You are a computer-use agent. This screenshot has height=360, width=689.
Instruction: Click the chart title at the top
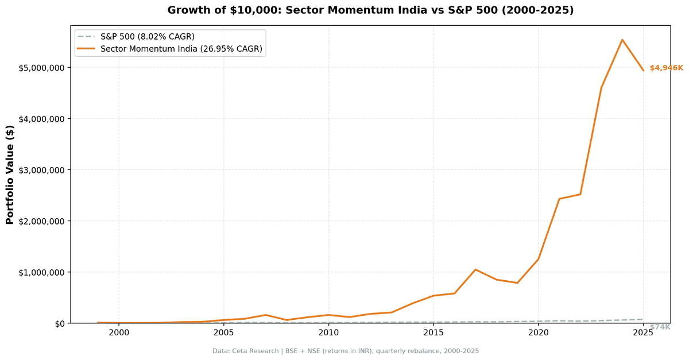(x=370, y=10)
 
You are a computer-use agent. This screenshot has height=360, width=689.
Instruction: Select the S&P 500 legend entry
(x=147, y=37)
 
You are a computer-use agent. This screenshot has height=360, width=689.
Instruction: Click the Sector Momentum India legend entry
(x=181, y=49)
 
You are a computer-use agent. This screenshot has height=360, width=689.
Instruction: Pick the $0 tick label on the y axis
(x=60, y=323)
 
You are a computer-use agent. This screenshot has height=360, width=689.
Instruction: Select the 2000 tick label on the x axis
(x=119, y=332)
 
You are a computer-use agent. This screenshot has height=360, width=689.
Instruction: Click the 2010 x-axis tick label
(x=328, y=332)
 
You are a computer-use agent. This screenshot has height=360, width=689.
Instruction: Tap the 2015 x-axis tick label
(x=433, y=332)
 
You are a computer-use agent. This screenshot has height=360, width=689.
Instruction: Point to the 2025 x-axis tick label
(x=643, y=332)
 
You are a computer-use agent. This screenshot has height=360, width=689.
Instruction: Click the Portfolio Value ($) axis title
(x=10, y=174)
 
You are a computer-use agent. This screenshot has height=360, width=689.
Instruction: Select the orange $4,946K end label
(x=666, y=68)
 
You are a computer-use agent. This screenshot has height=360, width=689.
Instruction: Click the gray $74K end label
(x=660, y=327)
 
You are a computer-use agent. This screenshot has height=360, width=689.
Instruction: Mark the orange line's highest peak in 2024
(x=622, y=40)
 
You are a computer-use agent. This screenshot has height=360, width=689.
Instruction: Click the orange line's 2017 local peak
(x=475, y=269)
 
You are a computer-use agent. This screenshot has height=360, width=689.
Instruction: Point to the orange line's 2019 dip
(x=517, y=283)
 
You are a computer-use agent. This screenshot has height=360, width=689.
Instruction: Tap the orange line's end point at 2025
(x=643, y=70)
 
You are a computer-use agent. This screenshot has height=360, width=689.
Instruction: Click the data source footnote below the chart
(x=345, y=351)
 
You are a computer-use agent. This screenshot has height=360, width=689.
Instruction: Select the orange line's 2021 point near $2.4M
(x=559, y=199)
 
